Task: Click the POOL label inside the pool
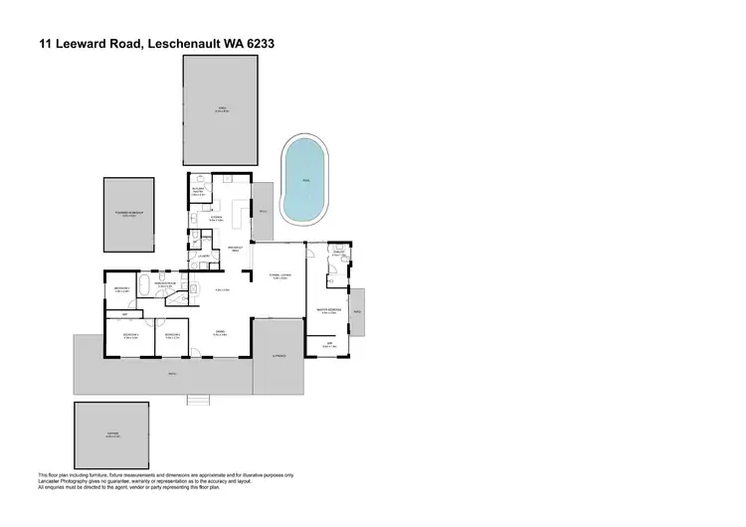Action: [x=304, y=180]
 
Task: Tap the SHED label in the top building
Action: [x=221, y=108]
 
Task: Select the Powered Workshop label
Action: [x=129, y=213]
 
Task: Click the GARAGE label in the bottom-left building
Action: [x=111, y=435]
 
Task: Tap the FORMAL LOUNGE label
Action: [x=279, y=275]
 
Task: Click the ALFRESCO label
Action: [x=278, y=354]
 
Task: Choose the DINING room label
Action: [x=221, y=333]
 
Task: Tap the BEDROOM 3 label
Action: [x=171, y=335]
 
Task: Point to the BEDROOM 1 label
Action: [x=122, y=288]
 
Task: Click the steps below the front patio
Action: [x=200, y=400]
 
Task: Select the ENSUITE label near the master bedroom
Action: [x=339, y=254]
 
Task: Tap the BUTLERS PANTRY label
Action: [x=198, y=191]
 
